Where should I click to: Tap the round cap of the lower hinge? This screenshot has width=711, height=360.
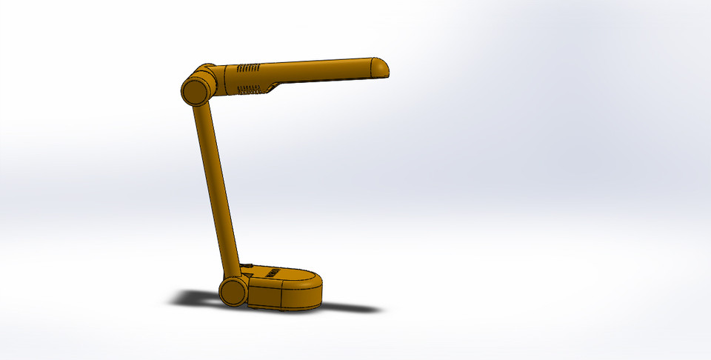233,291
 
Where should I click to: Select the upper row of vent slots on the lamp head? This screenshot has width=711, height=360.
249,68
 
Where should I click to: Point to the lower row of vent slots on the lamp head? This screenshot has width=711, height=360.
249,90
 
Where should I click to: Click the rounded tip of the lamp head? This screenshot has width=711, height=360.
382,67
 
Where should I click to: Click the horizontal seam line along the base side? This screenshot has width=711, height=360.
281,287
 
